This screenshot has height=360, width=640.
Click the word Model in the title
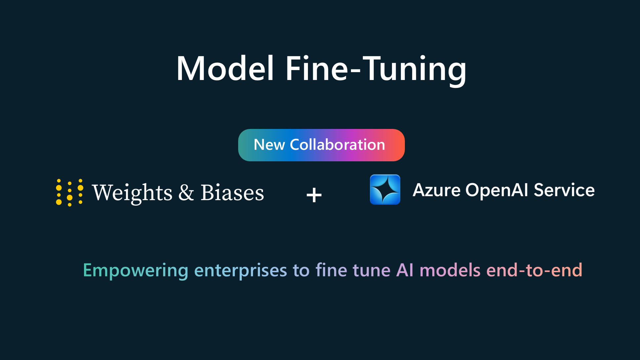(x=225, y=69)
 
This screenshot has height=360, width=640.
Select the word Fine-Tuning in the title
(x=376, y=69)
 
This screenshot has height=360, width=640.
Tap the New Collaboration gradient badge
(x=321, y=145)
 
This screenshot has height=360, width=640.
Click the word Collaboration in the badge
(x=337, y=145)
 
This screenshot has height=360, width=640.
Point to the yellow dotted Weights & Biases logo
(x=69, y=192)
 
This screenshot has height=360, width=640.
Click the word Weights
(x=132, y=193)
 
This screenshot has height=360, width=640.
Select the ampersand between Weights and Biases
(x=186, y=192)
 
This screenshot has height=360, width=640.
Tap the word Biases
(x=232, y=192)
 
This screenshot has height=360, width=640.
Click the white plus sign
(x=314, y=195)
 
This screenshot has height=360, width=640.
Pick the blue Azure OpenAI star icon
(x=385, y=190)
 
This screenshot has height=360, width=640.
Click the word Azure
(x=437, y=190)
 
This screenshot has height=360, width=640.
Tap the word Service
(x=564, y=190)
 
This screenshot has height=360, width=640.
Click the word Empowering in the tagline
(x=136, y=270)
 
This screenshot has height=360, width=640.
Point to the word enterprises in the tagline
(x=240, y=270)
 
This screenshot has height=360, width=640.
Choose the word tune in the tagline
(x=371, y=270)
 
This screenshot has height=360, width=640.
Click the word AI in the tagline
(x=405, y=270)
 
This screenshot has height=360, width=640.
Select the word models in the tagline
(x=450, y=270)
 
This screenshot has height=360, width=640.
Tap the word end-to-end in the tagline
(x=534, y=270)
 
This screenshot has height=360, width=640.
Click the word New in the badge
(x=269, y=145)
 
